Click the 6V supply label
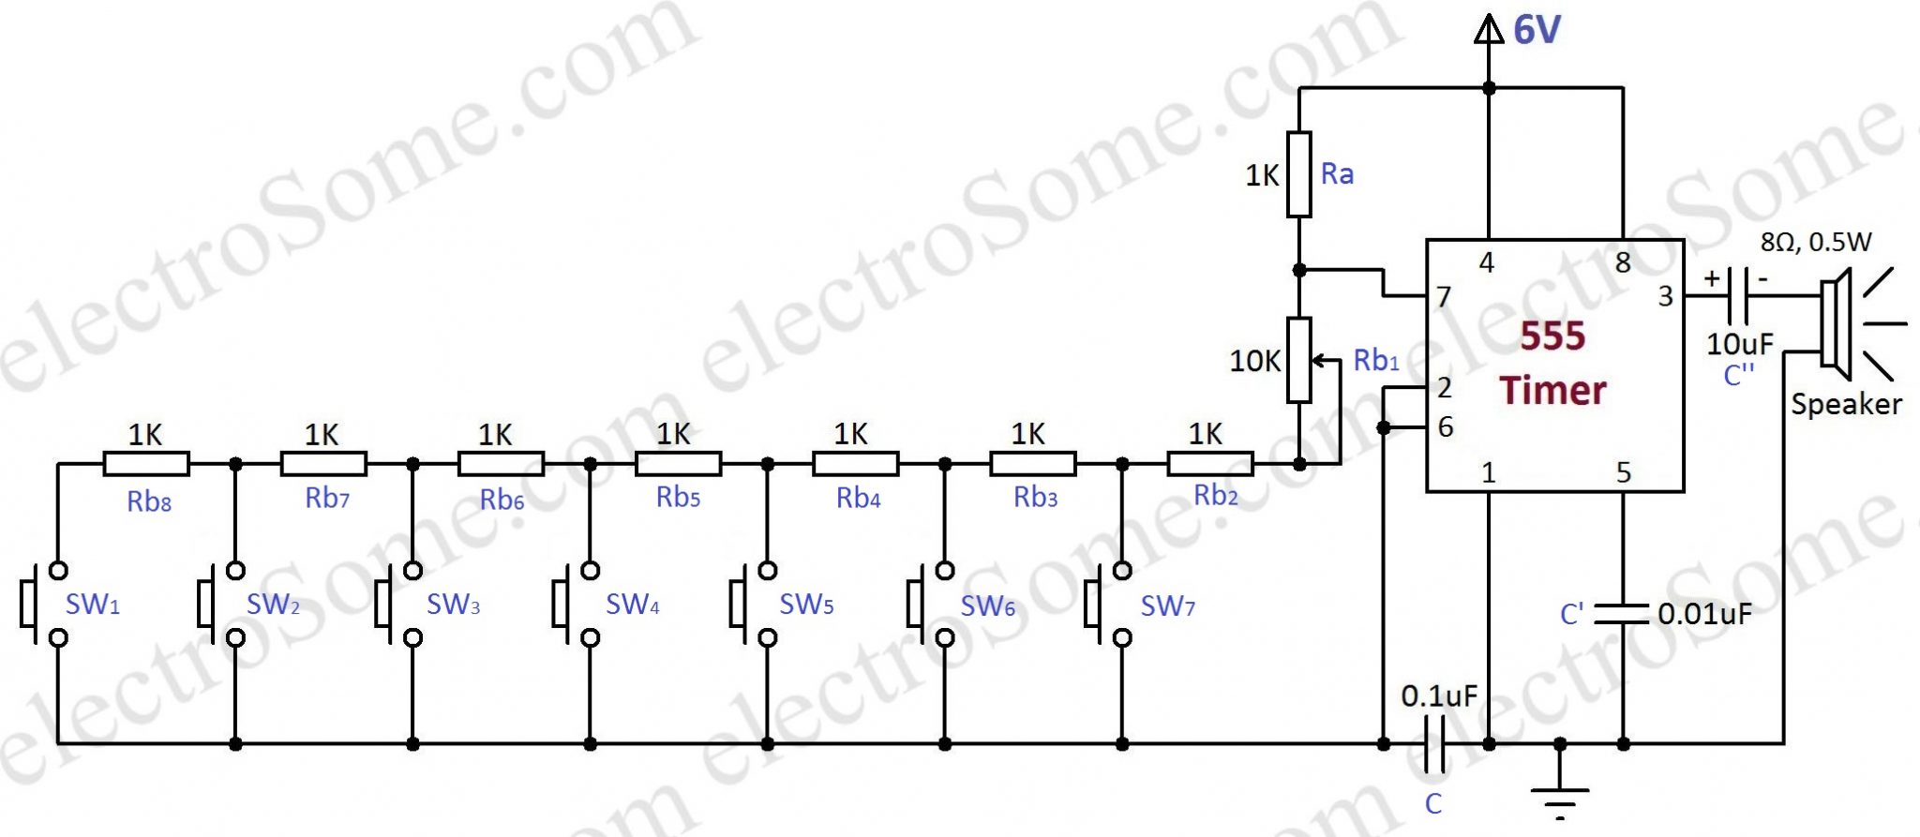pyautogui.click(x=1537, y=30)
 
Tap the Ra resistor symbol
pyautogui.click(x=1298, y=174)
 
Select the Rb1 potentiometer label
pyautogui.click(x=1375, y=360)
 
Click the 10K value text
pyautogui.click(x=1254, y=361)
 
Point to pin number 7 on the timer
pyautogui.click(x=1444, y=297)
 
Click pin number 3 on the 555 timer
pyautogui.click(x=1665, y=296)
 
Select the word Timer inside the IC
pyautogui.click(x=1552, y=390)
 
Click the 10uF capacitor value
pyautogui.click(x=1739, y=344)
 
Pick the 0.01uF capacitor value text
pyautogui.click(x=1704, y=614)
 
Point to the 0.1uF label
pyautogui.click(x=1439, y=696)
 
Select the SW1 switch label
pyautogui.click(x=92, y=605)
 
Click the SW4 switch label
pyautogui.click(x=632, y=605)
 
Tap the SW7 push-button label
pyautogui.click(x=1167, y=606)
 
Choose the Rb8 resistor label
pyautogui.click(x=149, y=501)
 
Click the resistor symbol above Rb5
pyautogui.click(x=678, y=463)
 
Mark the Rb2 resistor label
pyautogui.click(x=1215, y=496)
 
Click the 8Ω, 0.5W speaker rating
pyautogui.click(x=1815, y=243)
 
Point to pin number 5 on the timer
pyautogui.click(x=1624, y=472)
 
